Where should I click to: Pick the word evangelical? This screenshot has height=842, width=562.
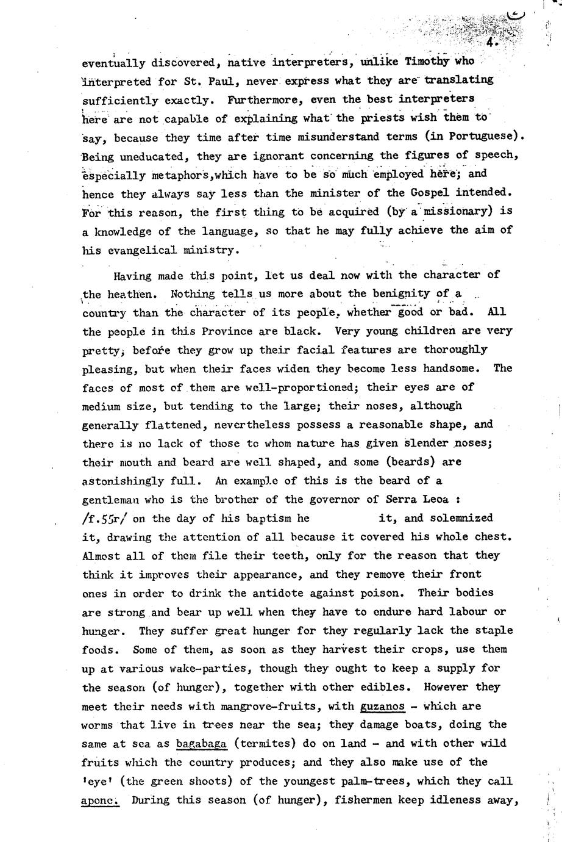point(135,250)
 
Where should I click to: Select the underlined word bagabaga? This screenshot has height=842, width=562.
point(201,743)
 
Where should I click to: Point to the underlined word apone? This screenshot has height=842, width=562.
point(99,800)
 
